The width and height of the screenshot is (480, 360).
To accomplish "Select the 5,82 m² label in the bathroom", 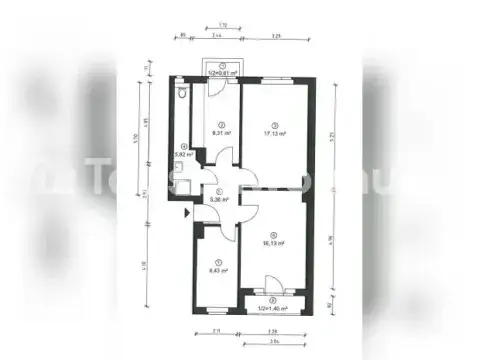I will [182, 155].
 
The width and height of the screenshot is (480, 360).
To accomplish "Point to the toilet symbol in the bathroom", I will [180, 93].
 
